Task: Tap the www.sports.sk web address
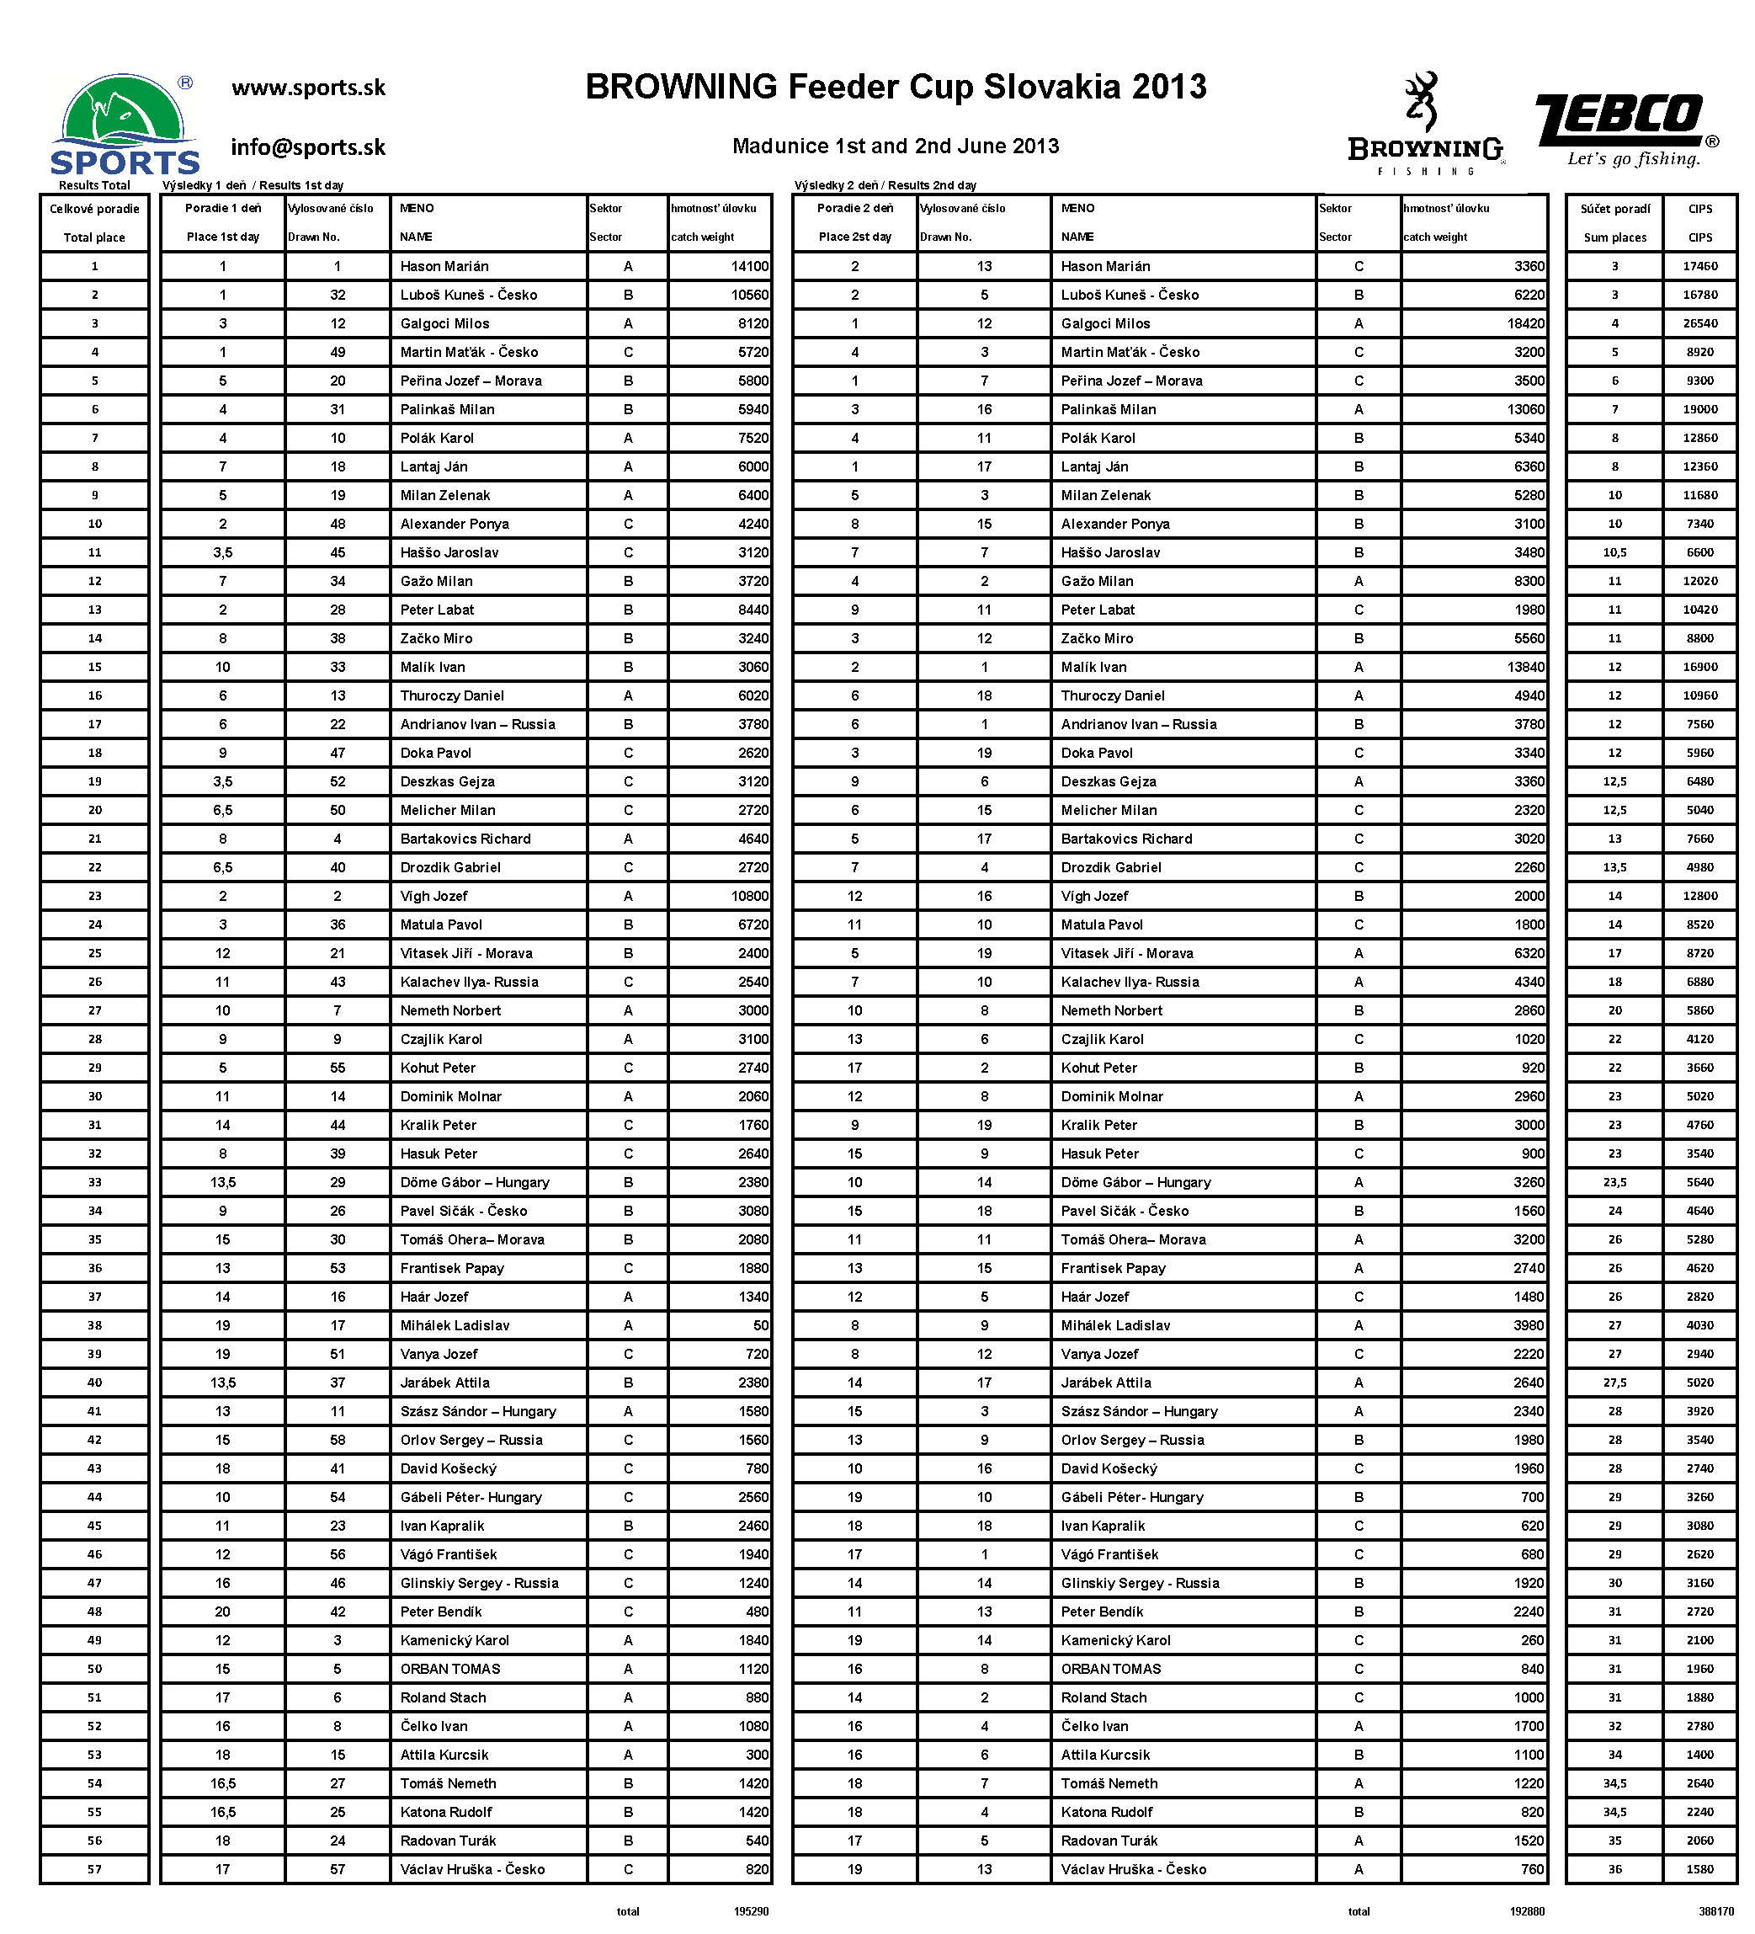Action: (x=308, y=88)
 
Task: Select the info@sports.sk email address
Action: (x=308, y=147)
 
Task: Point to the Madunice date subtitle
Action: (x=895, y=147)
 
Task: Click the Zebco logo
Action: (x=1619, y=120)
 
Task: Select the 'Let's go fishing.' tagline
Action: (x=1633, y=159)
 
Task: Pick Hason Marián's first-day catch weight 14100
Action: (x=749, y=267)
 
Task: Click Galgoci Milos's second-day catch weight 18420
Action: (x=1525, y=324)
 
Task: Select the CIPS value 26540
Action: (x=1699, y=324)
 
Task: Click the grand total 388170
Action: (x=1716, y=1912)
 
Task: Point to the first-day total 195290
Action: (x=751, y=1912)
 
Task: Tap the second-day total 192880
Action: (x=1527, y=1912)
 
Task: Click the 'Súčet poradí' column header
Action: (x=1615, y=209)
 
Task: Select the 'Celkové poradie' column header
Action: (x=94, y=209)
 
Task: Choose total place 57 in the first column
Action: (x=94, y=1870)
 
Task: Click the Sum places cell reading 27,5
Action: (x=1615, y=1383)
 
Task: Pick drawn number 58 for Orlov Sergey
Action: (x=338, y=1440)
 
